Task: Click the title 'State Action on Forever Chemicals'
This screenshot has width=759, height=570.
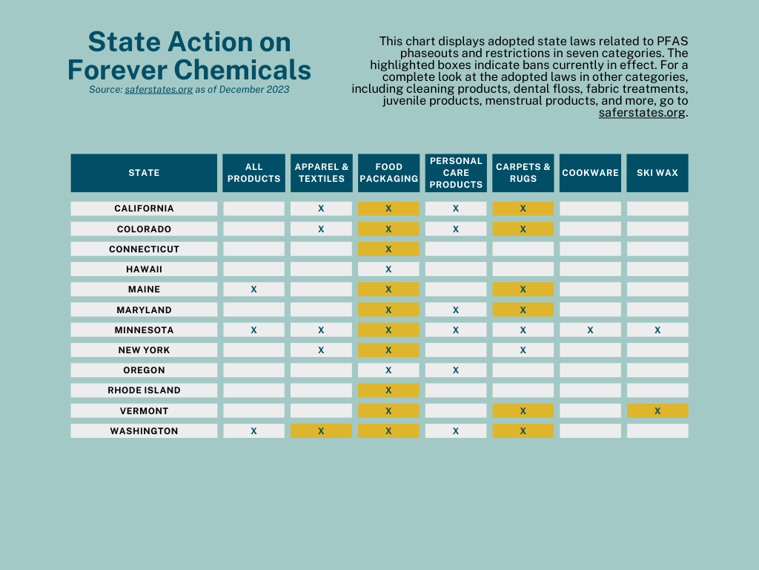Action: pyautogui.click(x=189, y=56)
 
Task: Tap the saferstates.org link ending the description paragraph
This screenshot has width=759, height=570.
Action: pyautogui.click(x=642, y=113)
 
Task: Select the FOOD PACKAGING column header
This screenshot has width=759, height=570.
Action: pyautogui.click(x=388, y=173)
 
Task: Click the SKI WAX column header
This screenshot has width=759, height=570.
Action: pyautogui.click(x=657, y=173)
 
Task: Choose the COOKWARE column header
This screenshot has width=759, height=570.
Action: pyautogui.click(x=590, y=173)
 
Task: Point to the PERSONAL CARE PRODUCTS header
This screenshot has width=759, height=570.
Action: pyautogui.click(x=456, y=173)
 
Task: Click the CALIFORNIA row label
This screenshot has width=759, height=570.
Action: pyautogui.click(x=144, y=209)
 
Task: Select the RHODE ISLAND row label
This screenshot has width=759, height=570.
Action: pyautogui.click(x=144, y=390)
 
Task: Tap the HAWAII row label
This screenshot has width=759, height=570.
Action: pyautogui.click(x=144, y=269)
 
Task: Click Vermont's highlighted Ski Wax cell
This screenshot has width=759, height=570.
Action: pyautogui.click(x=657, y=411)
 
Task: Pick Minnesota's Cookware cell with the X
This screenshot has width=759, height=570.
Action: pyautogui.click(x=590, y=330)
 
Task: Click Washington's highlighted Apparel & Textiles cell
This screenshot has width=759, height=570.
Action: pyautogui.click(x=321, y=431)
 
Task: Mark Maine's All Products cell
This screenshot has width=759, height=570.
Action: pyautogui.click(x=253, y=289)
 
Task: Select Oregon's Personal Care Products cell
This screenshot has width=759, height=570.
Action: pyautogui.click(x=456, y=370)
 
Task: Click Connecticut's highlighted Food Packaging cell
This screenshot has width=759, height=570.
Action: pyautogui.click(x=388, y=249)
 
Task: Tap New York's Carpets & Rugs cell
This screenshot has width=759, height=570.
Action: pyautogui.click(x=523, y=350)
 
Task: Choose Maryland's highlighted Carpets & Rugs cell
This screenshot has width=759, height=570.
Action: pyautogui.click(x=523, y=310)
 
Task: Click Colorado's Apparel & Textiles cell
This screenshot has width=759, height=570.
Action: pyautogui.click(x=321, y=229)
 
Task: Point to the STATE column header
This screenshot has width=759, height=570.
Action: pyautogui.click(x=144, y=173)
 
